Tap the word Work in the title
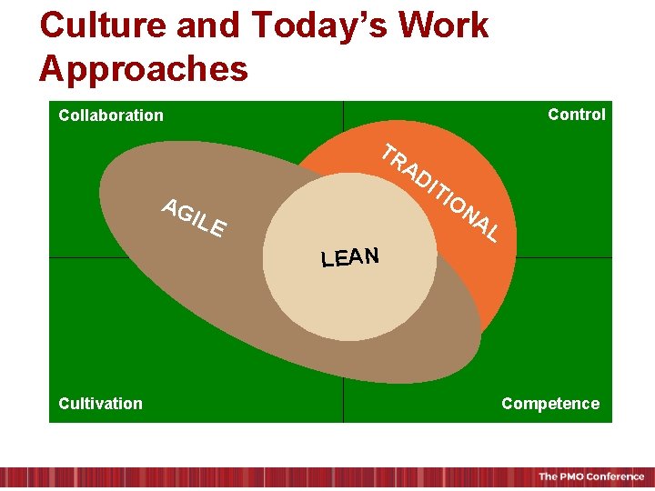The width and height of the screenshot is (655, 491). coord(444,25)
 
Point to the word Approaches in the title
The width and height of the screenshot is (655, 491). coord(144,68)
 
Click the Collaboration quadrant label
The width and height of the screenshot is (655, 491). coord(111,115)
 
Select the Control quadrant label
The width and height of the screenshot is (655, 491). coord(576,114)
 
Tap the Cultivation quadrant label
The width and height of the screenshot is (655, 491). coord(100,404)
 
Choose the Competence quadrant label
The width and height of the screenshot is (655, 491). coord(550,404)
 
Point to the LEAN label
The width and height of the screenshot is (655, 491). coord(349,256)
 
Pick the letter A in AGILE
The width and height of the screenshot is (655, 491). coord(170,206)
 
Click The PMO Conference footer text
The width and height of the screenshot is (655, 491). coord(590,477)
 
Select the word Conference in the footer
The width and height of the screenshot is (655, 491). coord(615,477)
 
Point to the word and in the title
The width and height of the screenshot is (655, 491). coord(207,25)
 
